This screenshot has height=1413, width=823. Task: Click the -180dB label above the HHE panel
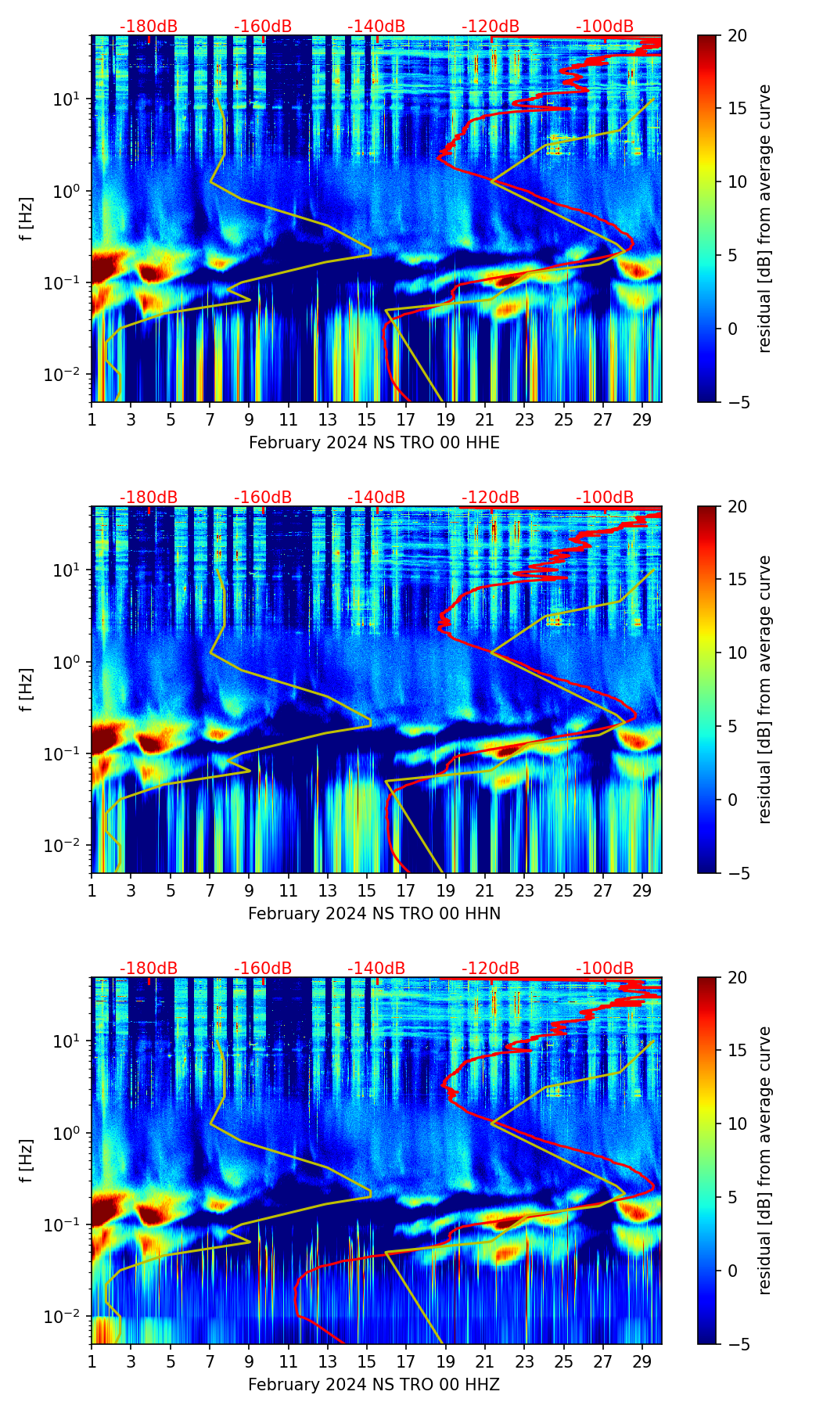[x=149, y=27]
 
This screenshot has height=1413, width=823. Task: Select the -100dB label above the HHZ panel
[x=605, y=969]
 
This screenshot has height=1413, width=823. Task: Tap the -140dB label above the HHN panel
[x=376, y=498]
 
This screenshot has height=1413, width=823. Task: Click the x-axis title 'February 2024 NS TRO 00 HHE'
[x=374, y=443]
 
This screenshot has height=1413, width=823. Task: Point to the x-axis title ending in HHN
[x=374, y=914]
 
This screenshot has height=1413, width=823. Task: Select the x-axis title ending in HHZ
[x=374, y=1385]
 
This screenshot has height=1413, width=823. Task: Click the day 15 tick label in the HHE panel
[x=366, y=419]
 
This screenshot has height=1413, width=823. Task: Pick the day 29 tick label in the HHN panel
[x=642, y=890]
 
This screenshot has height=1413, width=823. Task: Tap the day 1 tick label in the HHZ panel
[x=92, y=1361]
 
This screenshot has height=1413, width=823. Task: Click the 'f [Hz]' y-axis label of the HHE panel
[x=27, y=219]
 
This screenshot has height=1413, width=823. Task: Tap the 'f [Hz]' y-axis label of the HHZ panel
[x=27, y=1161]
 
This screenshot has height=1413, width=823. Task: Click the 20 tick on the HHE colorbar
[x=737, y=35]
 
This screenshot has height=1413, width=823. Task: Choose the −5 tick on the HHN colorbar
[x=737, y=873]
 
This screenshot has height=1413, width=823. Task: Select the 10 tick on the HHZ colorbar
[x=737, y=1124]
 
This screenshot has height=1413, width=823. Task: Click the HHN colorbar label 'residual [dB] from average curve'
[x=764, y=689]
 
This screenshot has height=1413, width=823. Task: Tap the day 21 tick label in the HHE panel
[x=484, y=419]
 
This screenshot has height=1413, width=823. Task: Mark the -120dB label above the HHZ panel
[x=491, y=969]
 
